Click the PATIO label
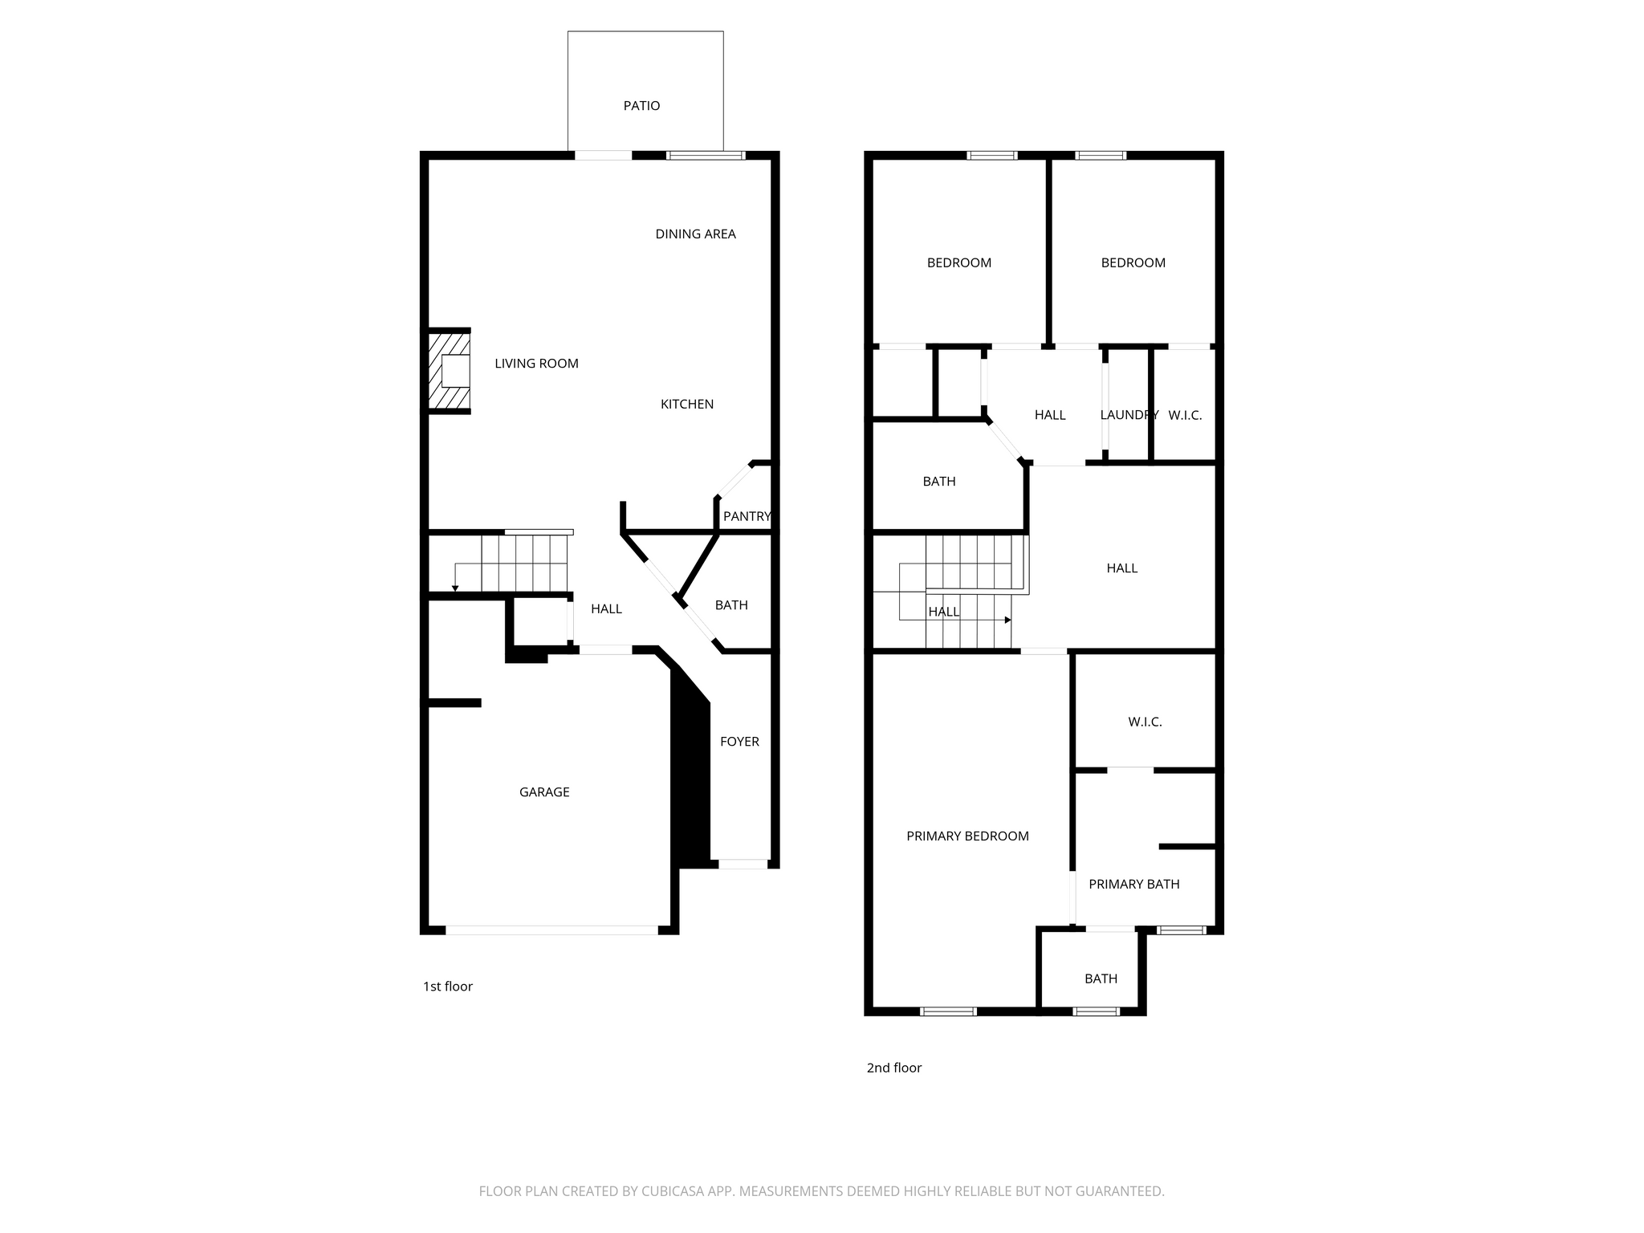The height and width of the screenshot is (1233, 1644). point(641,106)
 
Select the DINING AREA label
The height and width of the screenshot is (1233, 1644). point(695,234)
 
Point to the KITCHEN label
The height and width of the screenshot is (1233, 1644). point(687,405)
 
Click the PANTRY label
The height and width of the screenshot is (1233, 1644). point(747,517)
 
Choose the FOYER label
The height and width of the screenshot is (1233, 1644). point(739,742)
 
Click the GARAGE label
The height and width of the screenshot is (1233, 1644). point(544,792)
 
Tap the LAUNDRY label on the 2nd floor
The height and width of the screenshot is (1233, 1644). point(1129,415)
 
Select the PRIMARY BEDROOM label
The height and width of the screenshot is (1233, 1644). point(967,836)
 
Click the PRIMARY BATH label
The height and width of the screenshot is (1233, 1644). point(1133,885)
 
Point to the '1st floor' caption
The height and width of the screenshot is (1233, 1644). point(448,987)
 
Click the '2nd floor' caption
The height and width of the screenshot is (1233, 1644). point(894,1068)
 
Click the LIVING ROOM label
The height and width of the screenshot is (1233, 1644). point(536,364)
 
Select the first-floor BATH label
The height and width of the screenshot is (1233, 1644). point(731,605)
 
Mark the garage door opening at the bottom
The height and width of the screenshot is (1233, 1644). point(551,930)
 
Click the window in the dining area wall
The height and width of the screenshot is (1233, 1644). point(706,156)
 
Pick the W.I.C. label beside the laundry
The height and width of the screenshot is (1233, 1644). point(1185,415)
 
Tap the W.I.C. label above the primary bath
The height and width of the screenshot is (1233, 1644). point(1145,722)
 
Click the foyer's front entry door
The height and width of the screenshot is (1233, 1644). point(743,865)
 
